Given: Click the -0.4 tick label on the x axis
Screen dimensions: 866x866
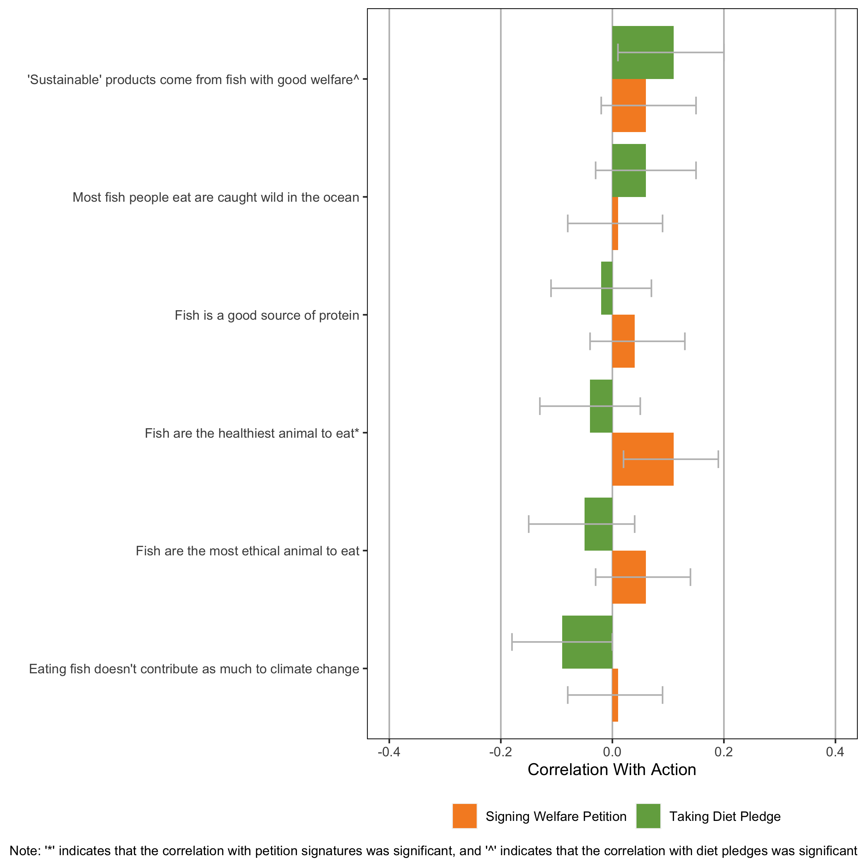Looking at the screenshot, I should pos(389,752).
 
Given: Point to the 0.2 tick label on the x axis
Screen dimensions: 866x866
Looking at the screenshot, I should pos(723,752).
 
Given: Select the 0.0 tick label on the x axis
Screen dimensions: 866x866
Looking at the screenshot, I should pos(612,752).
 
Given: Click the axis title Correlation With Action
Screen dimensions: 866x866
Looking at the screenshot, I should pos(612,770).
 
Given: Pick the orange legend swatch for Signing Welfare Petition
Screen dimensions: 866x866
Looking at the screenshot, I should pos(464,816).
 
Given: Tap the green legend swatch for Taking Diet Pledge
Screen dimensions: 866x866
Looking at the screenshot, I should pos(648,816).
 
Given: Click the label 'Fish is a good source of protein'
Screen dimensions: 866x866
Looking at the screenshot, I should pos(267,316).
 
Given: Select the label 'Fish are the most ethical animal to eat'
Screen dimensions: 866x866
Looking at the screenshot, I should pos(248,551).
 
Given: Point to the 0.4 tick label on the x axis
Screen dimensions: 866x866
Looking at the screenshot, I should pos(835,752).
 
